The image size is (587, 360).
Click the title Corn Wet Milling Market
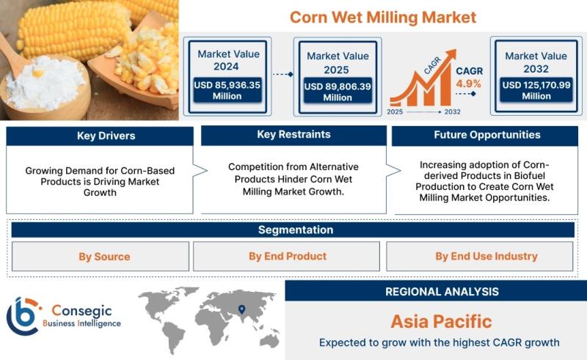tap(383, 17)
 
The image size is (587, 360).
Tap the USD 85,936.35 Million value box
tap(227, 90)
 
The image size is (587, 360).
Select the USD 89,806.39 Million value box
tap(338, 92)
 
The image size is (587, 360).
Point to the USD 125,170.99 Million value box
tap(536, 90)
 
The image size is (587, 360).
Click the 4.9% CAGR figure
tap(468, 84)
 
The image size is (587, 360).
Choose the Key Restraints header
tap(293, 135)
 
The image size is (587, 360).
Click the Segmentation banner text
tap(296, 229)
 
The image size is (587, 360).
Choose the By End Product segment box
tap(286, 257)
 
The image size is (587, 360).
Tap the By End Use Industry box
tap(480, 257)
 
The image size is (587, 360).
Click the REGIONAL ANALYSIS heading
tap(442, 292)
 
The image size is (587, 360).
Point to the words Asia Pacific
tap(442, 321)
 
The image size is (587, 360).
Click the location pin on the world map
tap(242, 309)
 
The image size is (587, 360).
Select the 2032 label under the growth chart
tap(452, 112)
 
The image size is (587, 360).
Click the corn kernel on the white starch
tap(38, 73)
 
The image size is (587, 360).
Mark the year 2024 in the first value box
tap(226, 67)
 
